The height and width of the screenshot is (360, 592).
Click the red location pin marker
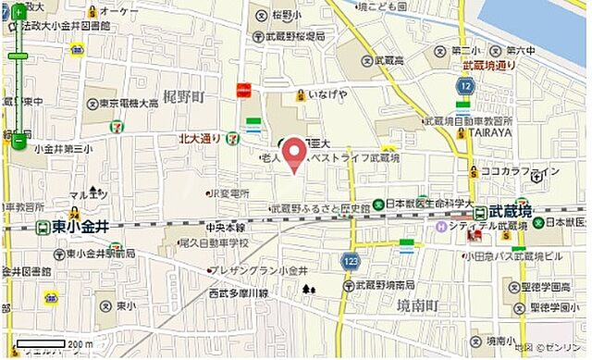pyautogui.click(x=294, y=154)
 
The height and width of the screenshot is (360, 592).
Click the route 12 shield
pyautogui.click(x=465, y=86)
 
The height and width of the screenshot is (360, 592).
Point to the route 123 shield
pyautogui.click(x=350, y=262)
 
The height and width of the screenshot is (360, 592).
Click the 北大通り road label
pyautogui.click(x=201, y=139)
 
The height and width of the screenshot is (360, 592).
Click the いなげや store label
pyautogui.click(x=328, y=95)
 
